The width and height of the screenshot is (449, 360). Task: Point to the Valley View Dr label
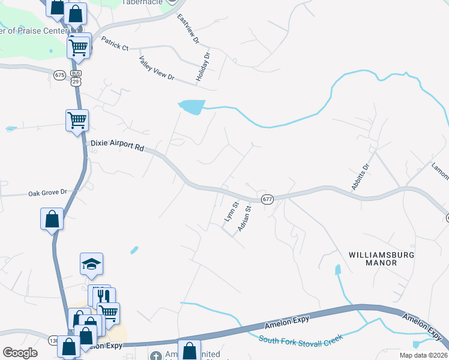coord(156,69)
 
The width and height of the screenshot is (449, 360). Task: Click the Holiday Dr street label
coord(203,67)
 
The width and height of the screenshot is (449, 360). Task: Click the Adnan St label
coord(244,217)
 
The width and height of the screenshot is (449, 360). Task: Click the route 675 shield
coord(59,75)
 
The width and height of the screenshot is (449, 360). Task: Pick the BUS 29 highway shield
coord(76,76)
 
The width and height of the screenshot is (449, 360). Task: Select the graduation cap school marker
coord(92,263)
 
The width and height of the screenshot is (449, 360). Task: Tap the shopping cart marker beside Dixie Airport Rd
coord(77,120)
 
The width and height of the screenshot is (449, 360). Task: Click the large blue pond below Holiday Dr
coord(192,107)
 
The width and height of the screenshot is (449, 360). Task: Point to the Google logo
coord(20,353)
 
